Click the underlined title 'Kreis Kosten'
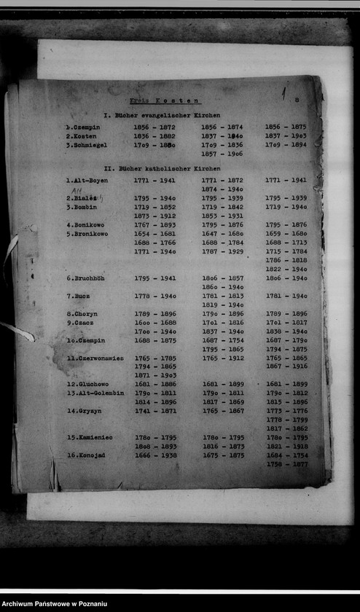click(165, 101)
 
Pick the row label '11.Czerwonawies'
click(95, 358)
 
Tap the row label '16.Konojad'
click(88, 455)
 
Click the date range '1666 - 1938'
click(155, 455)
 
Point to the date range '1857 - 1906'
click(222, 154)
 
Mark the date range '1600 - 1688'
click(154, 323)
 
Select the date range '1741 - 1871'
click(154, 411)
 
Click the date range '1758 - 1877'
click(286, 464)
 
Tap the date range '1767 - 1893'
click(154, 225)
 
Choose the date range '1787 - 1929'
click(222, 251)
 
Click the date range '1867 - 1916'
click(286, 366)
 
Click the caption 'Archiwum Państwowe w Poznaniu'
click(55, 604)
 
